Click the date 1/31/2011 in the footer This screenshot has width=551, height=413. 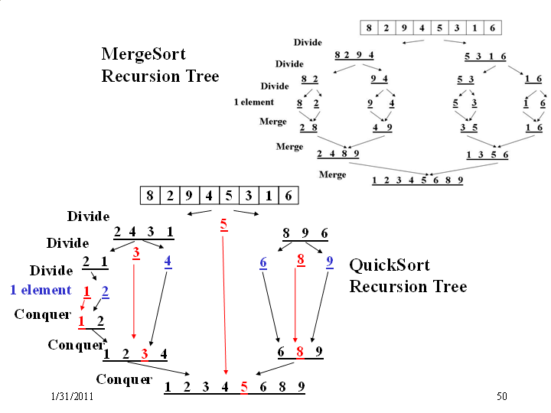pos(73,396)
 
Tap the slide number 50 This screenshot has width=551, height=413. pos(502,396)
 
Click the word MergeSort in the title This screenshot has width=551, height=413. pos(143,54)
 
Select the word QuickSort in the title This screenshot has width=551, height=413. pos(390,265)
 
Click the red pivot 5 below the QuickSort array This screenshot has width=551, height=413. pos(223,225)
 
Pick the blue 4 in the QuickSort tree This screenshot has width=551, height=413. pos(168,262)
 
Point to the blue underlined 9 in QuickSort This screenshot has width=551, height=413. pos(330,262)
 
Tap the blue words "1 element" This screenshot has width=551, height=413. pos(41,290)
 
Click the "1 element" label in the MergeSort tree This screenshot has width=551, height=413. pos(254,102)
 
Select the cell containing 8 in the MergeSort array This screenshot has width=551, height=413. pos(369,28)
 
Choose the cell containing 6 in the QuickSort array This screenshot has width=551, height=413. pos(289,196)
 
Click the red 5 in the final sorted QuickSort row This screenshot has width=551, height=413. pos(244,387)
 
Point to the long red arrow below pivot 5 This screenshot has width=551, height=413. pos(224,305)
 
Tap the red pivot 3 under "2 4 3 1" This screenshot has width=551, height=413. pos(136,253)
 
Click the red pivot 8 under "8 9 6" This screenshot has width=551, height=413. pos(301,260)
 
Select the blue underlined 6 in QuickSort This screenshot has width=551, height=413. pos(263,263)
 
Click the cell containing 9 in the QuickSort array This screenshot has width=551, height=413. pos(190,196)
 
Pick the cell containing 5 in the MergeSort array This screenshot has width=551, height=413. pos(439,28)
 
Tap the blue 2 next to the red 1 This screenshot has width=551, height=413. pos(105,292)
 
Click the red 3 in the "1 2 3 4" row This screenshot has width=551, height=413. pos(145,354)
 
